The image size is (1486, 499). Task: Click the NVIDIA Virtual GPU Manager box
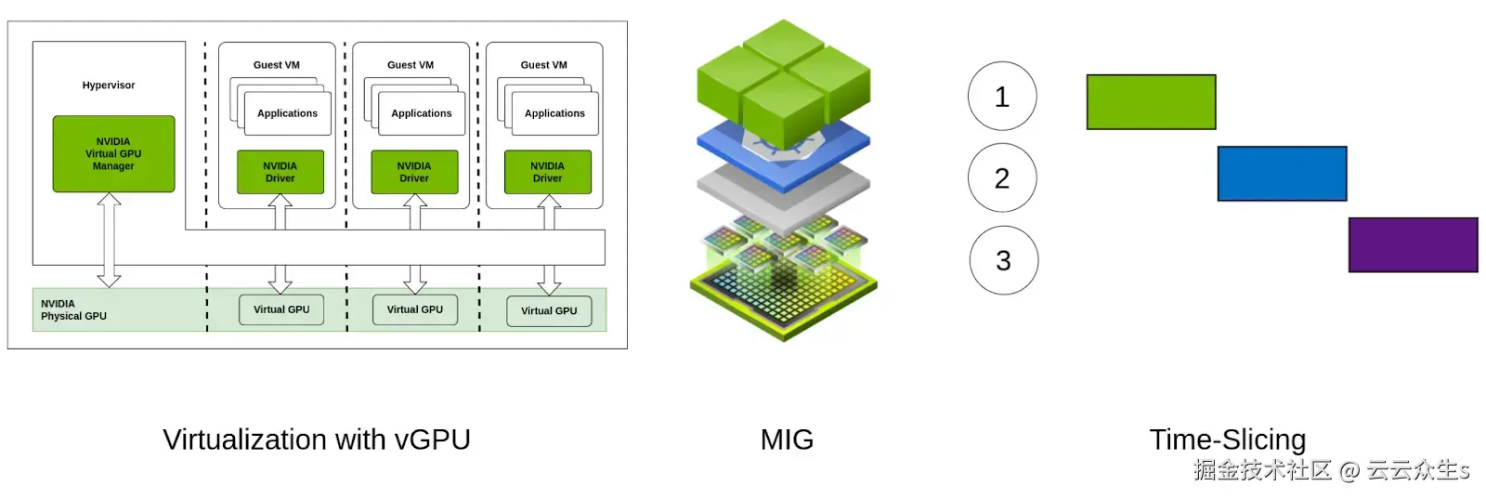coord(113,154)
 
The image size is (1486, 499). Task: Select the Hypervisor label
coord(109,85)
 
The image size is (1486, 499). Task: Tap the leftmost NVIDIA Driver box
coord(280,172)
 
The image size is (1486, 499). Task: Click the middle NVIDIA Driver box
coord(414,172)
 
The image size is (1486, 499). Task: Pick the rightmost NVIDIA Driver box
coord(547,172)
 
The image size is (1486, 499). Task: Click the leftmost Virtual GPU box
coord(281,309)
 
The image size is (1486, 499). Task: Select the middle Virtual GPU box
coord(415,309)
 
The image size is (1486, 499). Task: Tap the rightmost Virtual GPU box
coord(549,310)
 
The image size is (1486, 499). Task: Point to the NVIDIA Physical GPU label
coord(73,310)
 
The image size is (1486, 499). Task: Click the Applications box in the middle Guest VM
coord(421,113)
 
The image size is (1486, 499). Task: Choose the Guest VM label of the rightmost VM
coord(543,65)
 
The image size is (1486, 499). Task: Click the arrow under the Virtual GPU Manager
coord(110,240)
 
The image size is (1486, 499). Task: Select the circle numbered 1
coord(1002,97)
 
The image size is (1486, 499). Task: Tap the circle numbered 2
coord(1002,177)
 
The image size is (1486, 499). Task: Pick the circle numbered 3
coord(1003,260)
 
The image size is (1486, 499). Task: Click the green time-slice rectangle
coord(1151,102)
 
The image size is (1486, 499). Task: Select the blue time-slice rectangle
coord(1282,174)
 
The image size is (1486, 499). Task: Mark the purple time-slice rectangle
coord(1413,245)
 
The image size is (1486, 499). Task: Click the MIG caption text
coord(787,440)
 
